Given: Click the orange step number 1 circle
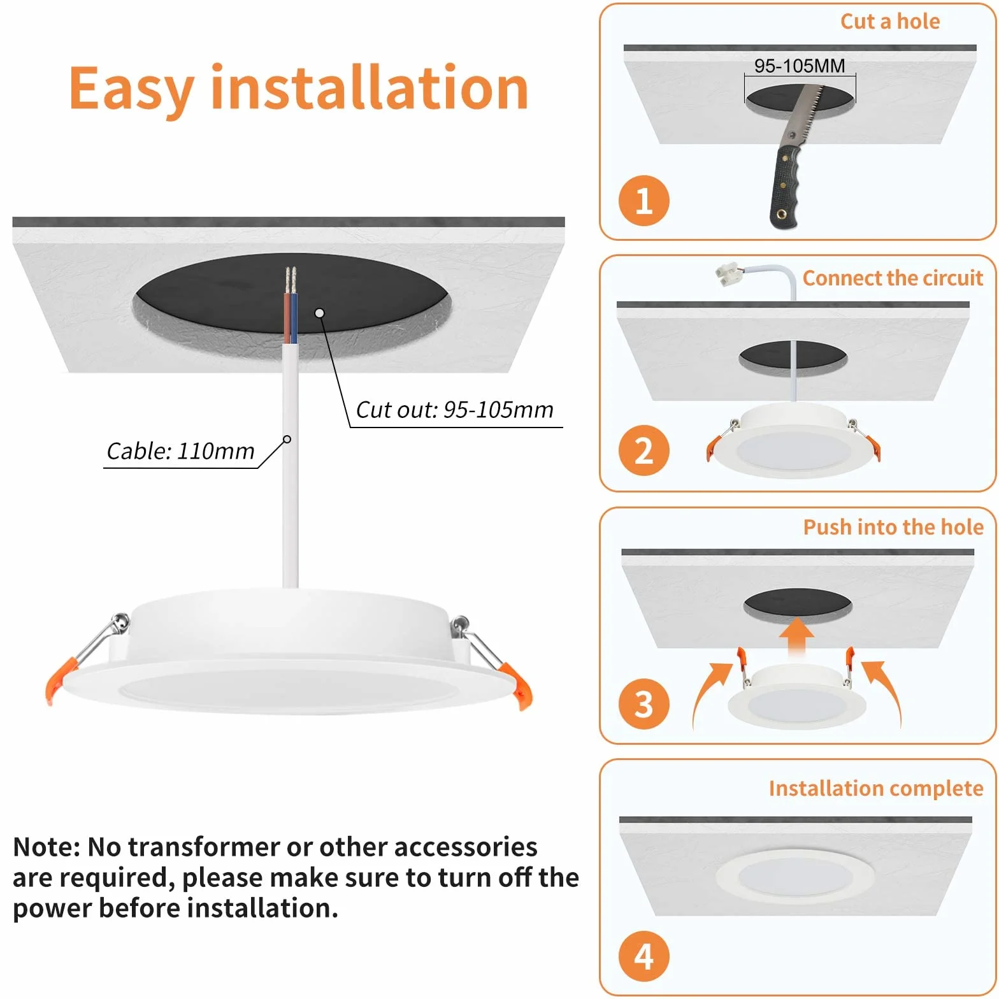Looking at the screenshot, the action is (x=643, y=201).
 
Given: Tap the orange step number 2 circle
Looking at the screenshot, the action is (x=643, y=450).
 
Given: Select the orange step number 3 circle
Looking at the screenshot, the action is (x=643, y=704).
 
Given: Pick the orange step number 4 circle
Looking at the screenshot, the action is (x=643, y=956).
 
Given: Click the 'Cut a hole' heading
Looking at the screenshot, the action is (x=890, y=22).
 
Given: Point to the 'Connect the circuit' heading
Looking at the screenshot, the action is (x=893, y=278).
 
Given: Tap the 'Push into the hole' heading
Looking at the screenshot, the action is (x=893, y=528).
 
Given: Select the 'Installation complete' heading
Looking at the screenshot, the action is (x=876, y=789).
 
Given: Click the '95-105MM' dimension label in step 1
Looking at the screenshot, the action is (x=800, y=66).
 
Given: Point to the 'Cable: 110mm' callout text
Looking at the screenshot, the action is (x=180, y=451).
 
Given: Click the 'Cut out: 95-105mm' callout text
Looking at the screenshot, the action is (x=454, y=410).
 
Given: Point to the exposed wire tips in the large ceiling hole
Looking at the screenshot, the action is (x=291, y=280).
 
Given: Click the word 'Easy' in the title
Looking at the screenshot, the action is (x=131, y=89).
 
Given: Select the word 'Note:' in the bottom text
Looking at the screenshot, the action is (x=47, y=847).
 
